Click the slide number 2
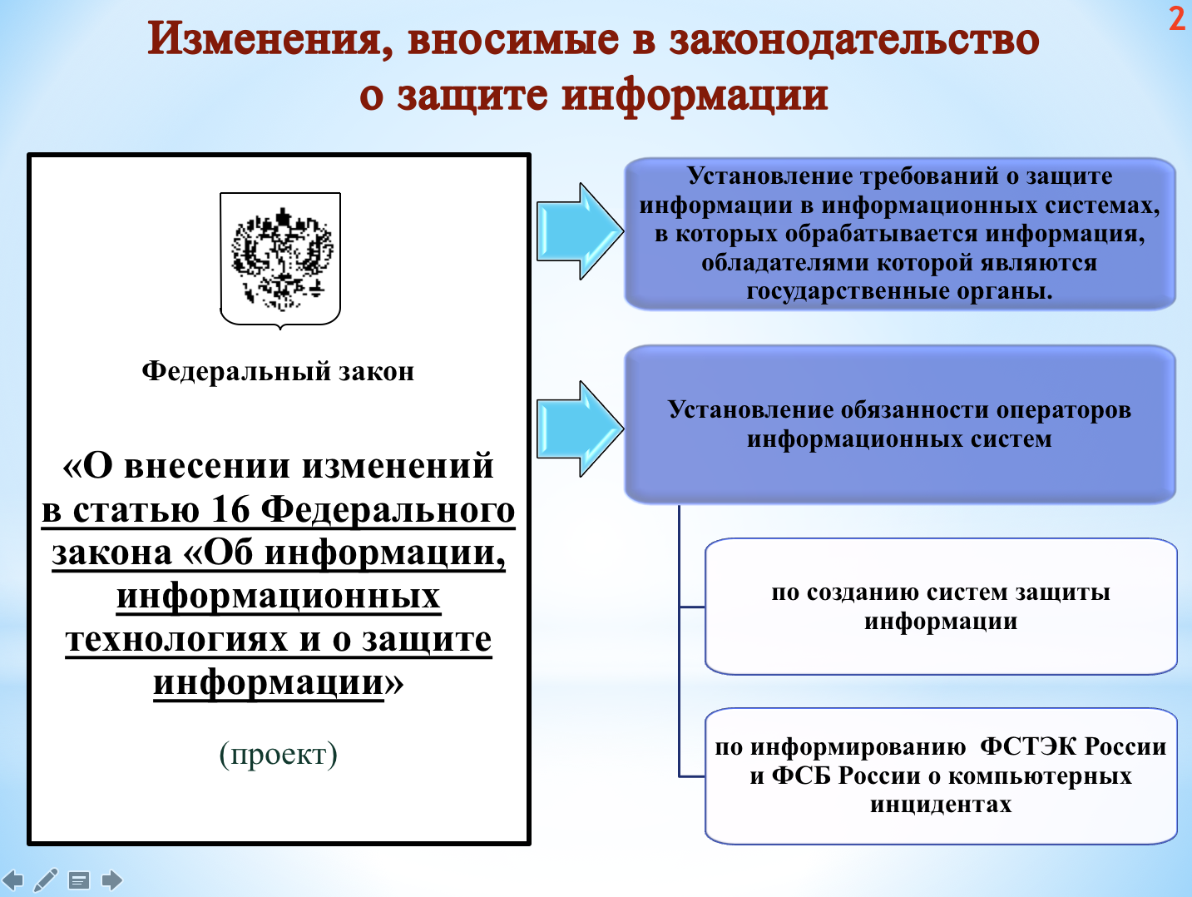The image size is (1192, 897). [x=1176, y=19]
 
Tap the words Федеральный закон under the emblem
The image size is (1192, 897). [x=278, y=371]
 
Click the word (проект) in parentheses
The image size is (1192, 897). [x=278, y=754]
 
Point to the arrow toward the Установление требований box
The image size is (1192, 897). [x=579, y=231]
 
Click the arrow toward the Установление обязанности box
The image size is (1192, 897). [x=579, y=429]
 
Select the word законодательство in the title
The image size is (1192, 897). [x=854, y=40]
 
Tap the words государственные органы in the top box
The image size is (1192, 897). [x=899, y=291]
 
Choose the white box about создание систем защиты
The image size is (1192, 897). [x=941, y=607]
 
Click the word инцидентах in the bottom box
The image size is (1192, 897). [x=941, y=805]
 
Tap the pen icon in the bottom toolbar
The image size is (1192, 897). [x=46, y=880]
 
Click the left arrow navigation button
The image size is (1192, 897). [x=13, y=880]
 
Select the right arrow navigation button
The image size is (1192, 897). [x=111, y=880]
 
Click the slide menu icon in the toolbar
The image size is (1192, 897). [x=79, y=880]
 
